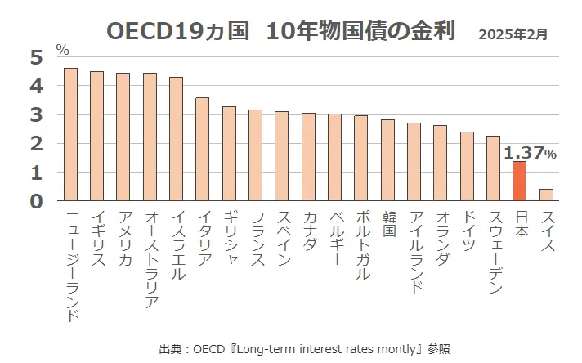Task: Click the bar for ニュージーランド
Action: [70, 134]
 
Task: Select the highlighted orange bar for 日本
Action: [519, 181]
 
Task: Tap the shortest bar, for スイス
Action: [545, 195]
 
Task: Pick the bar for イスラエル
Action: [176, 139]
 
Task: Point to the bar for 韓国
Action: [387, 160]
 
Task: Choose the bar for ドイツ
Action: [467, 166]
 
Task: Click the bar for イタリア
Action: [203, 149]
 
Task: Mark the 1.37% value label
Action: [530, 153]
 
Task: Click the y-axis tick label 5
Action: [36, 57]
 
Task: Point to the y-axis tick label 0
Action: [36, 201]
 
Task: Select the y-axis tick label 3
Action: [36, 115]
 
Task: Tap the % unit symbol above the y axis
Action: [62, 50]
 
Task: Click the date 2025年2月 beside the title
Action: [513, 34]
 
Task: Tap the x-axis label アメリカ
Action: [123, 238]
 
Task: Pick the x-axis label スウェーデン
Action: [493, 245]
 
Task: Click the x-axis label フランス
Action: [255, 238]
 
